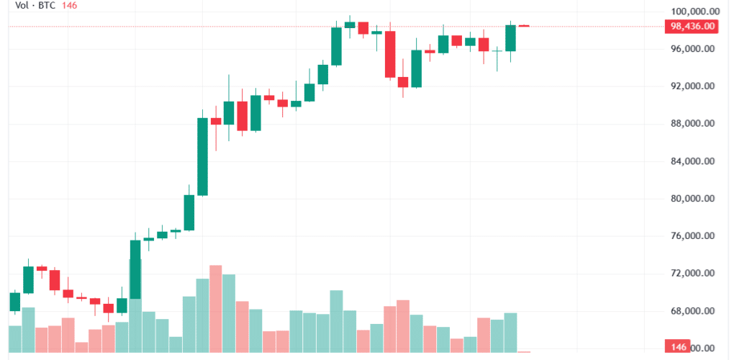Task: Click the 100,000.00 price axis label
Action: [692, 12]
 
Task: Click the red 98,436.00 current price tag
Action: [692, 27]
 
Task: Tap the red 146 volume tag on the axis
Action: [677, 347]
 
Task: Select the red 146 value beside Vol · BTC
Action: [70, 6]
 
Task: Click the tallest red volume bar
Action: [216, 308]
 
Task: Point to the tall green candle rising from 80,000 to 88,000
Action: [202, 156]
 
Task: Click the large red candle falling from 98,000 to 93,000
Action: [390, 54]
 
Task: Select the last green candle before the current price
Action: [511, 38]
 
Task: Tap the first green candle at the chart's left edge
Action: [15, 302]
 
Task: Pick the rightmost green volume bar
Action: [511, 332]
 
